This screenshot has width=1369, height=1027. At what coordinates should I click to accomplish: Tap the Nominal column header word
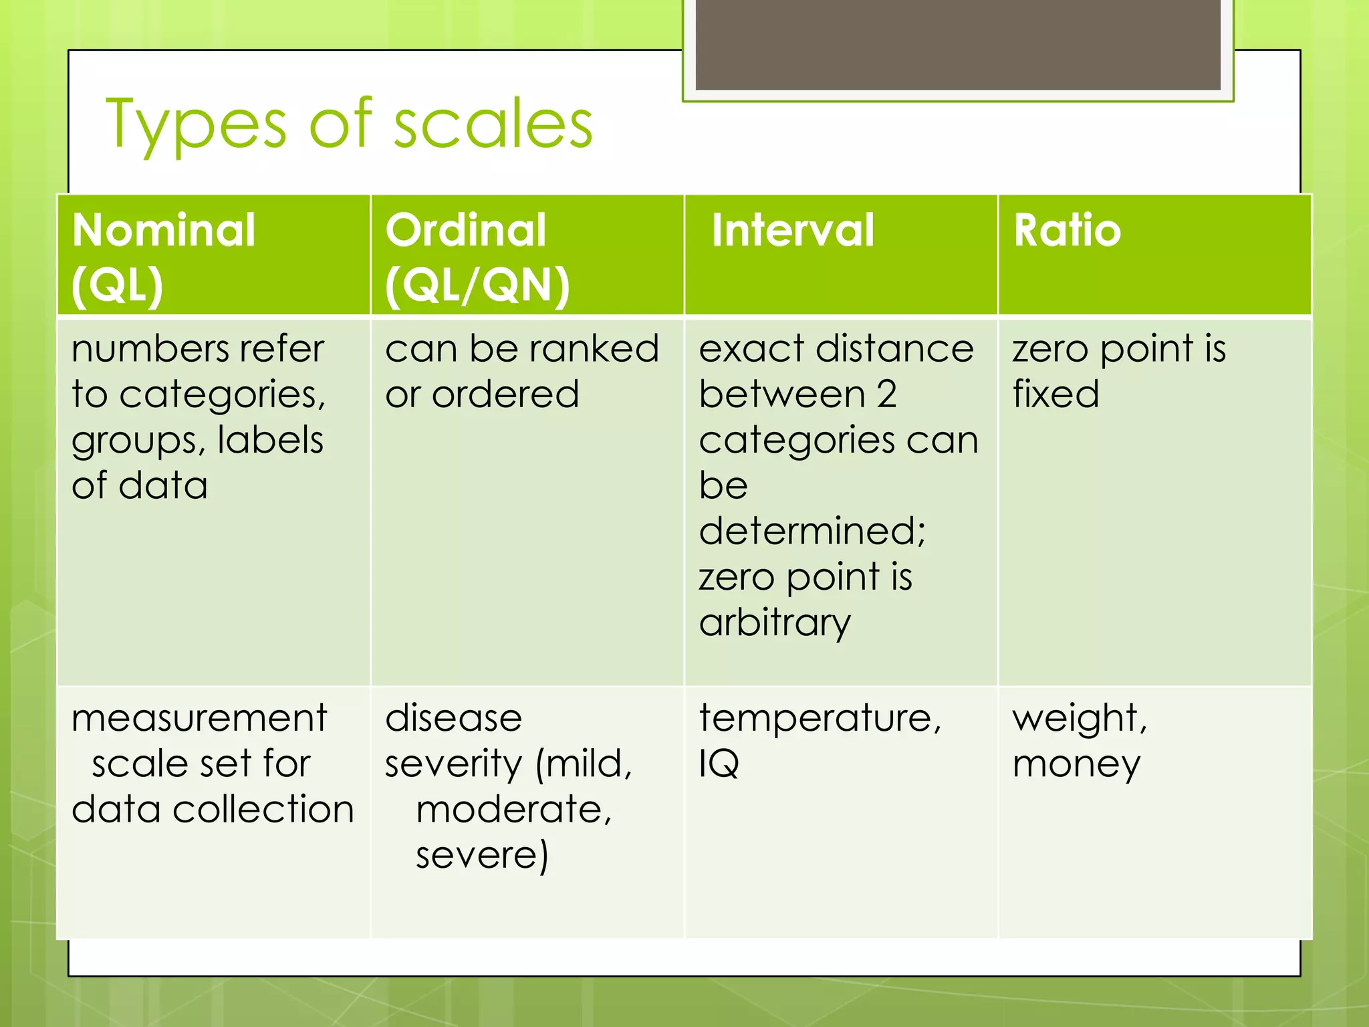click(164, 230)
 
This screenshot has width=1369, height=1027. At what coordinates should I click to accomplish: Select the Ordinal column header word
click(466, 230)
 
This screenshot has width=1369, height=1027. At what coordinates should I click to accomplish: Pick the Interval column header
click(793, 230)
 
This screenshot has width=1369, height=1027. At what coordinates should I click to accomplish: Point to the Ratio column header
click(1067, 230)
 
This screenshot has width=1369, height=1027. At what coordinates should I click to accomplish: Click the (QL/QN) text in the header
click(477, 286)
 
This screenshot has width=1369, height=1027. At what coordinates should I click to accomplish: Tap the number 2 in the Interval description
click(886, 394)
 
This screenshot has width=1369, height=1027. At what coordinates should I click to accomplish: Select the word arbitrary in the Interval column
click(775, 623)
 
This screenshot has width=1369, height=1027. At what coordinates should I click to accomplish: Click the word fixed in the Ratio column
click(1055, 394)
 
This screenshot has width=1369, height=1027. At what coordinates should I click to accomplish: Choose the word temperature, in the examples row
click(820, 719)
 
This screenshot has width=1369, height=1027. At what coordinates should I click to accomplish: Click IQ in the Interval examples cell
click(719, 764)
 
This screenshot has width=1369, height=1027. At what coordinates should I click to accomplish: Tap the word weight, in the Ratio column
click(1080, 719)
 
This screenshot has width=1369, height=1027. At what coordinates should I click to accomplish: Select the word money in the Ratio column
click(1076, 764)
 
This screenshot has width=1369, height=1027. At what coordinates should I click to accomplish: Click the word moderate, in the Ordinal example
click(513, 810)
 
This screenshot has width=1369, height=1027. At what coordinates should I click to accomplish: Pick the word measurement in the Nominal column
click(199, 719)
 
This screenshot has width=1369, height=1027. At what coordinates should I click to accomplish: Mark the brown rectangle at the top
click(958, 44)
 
